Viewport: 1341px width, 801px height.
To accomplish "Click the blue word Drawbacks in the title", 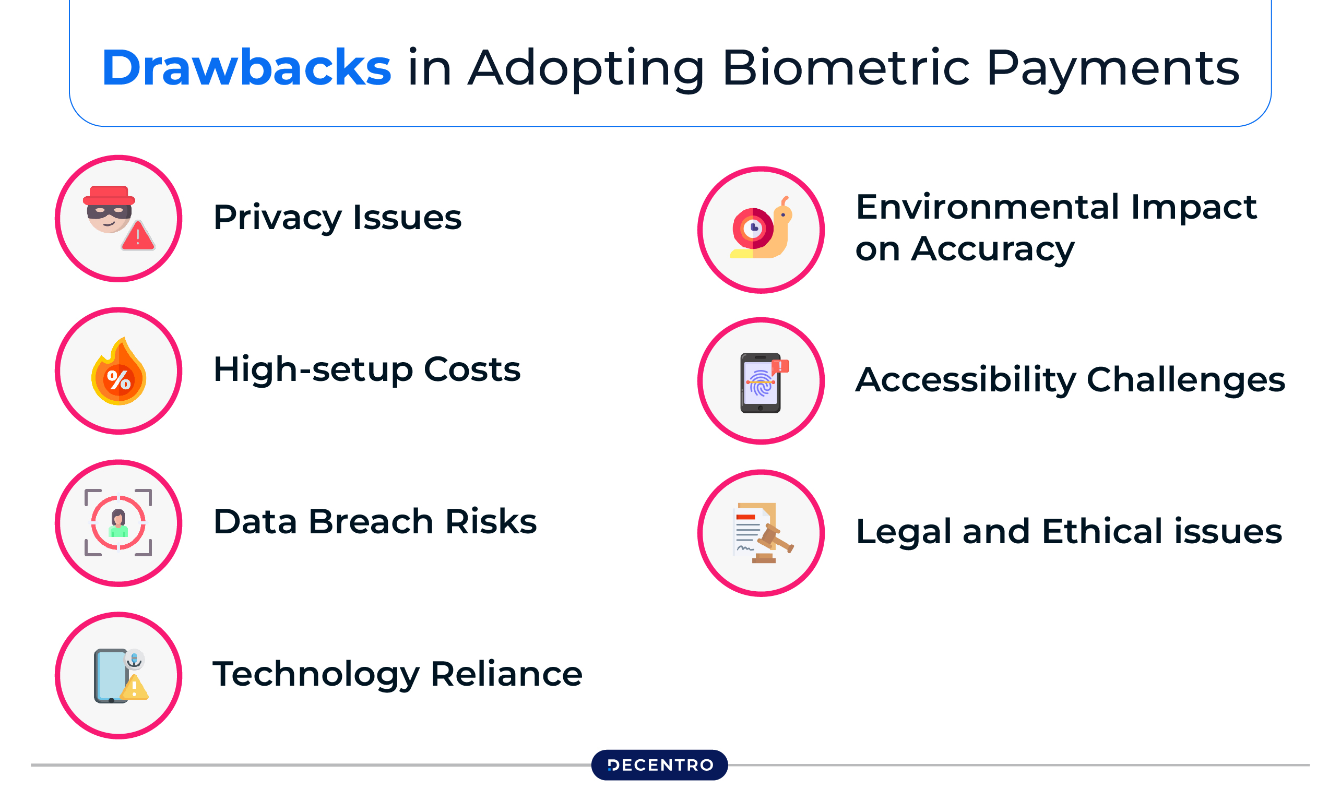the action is (246, 67).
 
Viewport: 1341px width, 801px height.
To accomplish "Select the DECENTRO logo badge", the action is (659, 765).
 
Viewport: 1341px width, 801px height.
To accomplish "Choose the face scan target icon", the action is (118, 522).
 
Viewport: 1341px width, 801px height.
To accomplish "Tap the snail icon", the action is (761, 228).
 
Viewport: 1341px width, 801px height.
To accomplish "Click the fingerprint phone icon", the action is (763, 382).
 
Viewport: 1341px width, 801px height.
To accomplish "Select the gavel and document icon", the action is (763, 533).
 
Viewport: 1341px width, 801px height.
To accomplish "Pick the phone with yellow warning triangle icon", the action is (121, 675).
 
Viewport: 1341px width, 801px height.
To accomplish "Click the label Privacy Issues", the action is (337, 218).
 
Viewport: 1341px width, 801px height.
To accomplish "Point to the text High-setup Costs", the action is (366, 370).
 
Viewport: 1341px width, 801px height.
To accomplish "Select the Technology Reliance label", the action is (397, 674).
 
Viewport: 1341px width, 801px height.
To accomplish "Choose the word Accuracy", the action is (993, 249).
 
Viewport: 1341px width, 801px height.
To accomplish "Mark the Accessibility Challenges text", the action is (1071, 380).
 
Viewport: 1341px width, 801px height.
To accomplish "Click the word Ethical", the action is (1102, 531).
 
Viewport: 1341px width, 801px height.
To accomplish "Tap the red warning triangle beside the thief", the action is (138, 235).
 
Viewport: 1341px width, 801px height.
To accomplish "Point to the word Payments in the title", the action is (1113, 68).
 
